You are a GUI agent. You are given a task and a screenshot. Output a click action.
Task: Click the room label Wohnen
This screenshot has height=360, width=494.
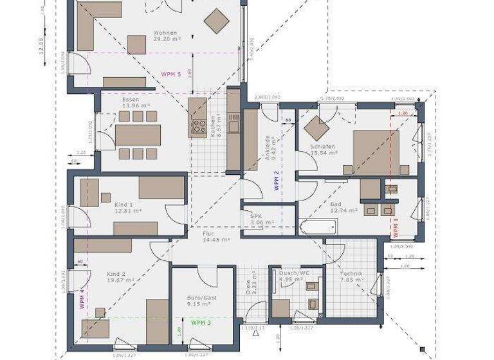165,33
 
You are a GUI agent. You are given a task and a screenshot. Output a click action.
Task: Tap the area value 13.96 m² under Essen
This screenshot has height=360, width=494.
136,105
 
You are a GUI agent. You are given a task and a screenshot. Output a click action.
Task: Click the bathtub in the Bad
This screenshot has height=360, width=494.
317,227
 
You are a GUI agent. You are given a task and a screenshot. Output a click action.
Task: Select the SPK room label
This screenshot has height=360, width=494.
257,216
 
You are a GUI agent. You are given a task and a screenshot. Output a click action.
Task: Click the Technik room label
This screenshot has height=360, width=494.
352,274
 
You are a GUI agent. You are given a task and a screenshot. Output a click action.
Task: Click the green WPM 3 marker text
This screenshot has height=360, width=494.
201,323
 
